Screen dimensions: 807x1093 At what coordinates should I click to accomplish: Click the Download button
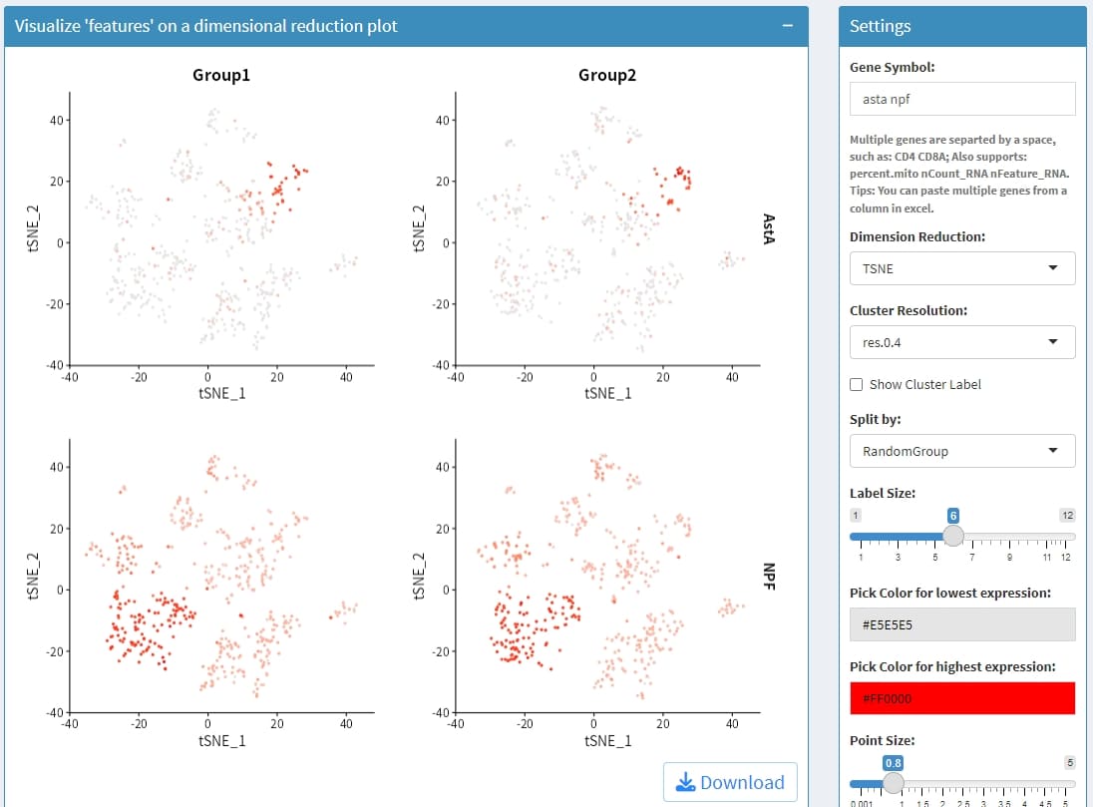tap(730, 782)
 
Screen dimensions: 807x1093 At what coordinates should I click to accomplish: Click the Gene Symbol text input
tap(962, 99)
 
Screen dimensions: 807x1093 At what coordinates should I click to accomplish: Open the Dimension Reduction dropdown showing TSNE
tap(962, 268)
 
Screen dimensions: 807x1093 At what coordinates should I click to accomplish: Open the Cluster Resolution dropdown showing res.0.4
tap(962, 342)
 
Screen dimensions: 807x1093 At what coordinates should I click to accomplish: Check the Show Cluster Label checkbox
tap(857, 384)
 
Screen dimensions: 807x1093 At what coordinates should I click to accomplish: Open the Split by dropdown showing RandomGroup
tap(962, 451)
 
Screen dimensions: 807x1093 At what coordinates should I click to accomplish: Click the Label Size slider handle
tap(953, 536)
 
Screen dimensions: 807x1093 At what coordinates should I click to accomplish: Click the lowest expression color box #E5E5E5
tap(962, 623)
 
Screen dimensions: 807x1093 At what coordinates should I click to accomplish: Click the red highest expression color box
tap(962, 698)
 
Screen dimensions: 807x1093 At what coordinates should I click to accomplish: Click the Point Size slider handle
tap(894, 783)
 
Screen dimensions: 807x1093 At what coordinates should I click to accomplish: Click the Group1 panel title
tap(221, 75)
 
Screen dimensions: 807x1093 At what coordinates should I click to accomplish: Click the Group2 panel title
tap(606, 75)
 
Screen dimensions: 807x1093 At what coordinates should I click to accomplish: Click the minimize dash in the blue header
tap(788, 26)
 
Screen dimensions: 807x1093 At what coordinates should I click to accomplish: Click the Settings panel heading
tap(880, 26)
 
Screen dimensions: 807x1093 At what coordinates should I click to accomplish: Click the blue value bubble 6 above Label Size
tap(953, 515)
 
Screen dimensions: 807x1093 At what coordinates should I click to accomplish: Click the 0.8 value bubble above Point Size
tap(894, 762)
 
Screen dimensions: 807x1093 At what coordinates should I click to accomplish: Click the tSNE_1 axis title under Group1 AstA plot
tap(221, 393)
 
